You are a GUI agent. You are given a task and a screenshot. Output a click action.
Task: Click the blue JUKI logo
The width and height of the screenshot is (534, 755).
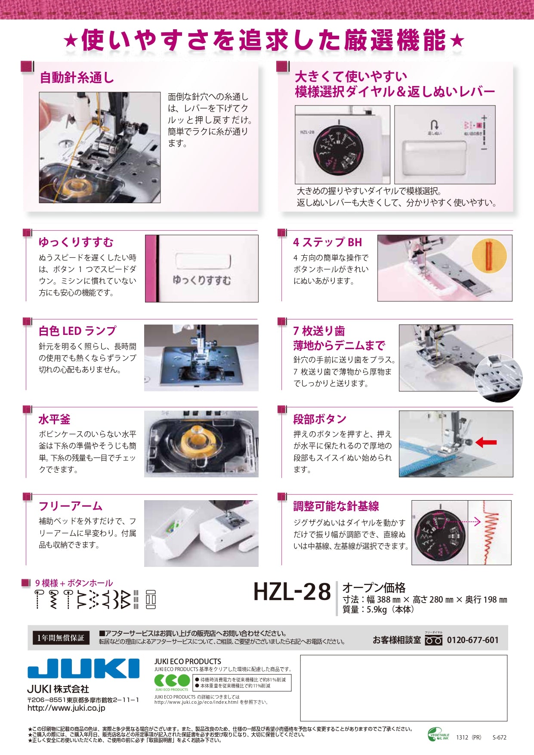click(x=83, y=668)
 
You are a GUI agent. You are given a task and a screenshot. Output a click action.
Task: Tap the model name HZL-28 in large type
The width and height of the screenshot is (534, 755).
click(x=292, y=592)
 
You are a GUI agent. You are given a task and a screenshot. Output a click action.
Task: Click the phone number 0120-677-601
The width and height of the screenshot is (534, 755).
click(x=472, y=640)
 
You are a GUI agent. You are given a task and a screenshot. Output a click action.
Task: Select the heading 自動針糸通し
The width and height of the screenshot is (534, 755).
click(x=77, y=77)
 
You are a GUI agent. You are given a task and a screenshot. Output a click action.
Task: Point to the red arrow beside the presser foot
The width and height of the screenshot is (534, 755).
click(x=486, y=442)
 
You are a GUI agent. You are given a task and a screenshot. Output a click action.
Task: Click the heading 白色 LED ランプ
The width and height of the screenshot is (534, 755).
click(x=77, y=331)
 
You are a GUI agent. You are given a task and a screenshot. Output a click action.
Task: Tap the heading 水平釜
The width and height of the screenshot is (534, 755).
click(x=54, y=419)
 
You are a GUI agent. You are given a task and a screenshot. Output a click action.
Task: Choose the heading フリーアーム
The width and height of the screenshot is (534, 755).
click(x=71, y=506)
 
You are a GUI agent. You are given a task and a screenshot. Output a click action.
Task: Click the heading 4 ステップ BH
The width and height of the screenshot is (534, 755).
click(x=328, y=242)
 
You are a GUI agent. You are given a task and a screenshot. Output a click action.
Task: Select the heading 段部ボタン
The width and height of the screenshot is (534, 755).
click(x=320, y=419)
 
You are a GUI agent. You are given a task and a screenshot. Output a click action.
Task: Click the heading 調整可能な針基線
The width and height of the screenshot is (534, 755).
click(x=336, y=506)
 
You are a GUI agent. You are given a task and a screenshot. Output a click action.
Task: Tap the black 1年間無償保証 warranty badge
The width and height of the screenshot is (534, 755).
click(x=61, y=638)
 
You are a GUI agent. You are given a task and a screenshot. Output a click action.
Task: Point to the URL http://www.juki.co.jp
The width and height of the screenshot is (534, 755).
click(x=66, y=708)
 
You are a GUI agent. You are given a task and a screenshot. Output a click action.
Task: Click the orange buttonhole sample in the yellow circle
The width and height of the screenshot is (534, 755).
click(x=489, y=256)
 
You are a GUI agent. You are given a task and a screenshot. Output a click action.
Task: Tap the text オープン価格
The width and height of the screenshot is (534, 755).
click(x=374, y=588)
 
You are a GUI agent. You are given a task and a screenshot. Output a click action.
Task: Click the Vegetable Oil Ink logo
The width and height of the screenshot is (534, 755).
click(x=439, y=734)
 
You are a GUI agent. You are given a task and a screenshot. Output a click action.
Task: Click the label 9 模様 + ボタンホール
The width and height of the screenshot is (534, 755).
click(x=74, y=583)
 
